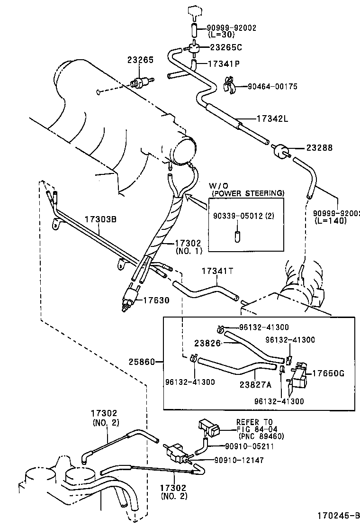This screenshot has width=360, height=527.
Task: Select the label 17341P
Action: point(224,64)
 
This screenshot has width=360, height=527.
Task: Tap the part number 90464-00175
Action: point(272,86)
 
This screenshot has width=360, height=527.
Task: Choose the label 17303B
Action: point(100,219)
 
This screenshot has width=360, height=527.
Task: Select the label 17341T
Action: point(217,271)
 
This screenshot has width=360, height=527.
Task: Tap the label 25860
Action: point(142,362)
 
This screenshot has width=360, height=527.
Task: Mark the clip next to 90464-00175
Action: point(229,85)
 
